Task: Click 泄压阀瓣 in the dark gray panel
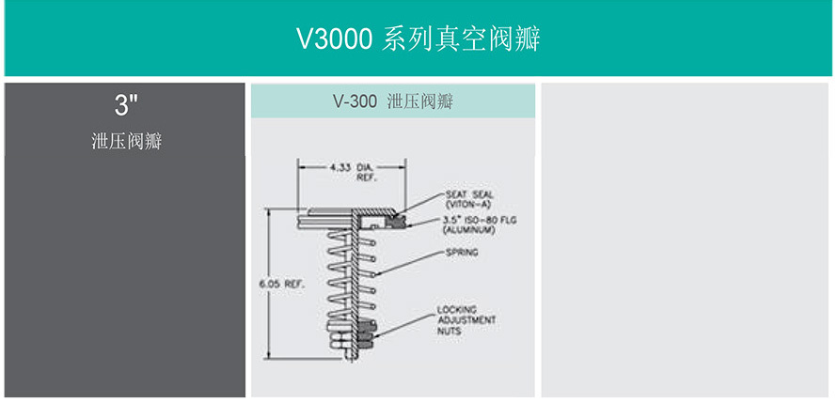coord(126,142)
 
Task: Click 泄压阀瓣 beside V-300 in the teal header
coord(420,101)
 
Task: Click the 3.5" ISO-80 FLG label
coord(480,221)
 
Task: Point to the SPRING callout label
coord(462,253)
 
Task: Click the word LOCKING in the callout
coord(456,309)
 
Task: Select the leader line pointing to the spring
coord(414,258)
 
